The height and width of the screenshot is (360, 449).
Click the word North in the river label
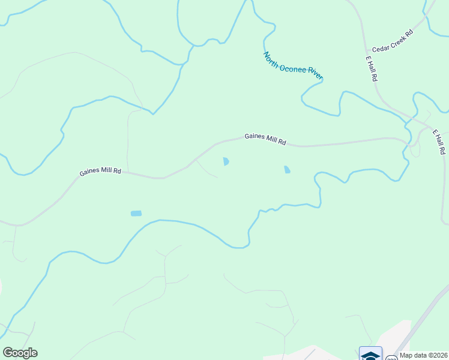tap(271, 59)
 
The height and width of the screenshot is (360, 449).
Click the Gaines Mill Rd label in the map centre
tap(265, 139)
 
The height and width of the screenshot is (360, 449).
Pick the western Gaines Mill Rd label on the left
tap(100, 172)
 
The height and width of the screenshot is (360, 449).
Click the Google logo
tap(20, 353)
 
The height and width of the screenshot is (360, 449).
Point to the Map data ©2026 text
tap(423, 355)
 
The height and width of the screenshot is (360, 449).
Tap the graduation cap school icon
tap(370, 354)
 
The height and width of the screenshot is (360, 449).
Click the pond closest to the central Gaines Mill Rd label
tap(226, 161)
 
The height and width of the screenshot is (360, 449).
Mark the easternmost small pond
tap(287, 170)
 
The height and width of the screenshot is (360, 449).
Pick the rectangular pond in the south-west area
tap(136, 213)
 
